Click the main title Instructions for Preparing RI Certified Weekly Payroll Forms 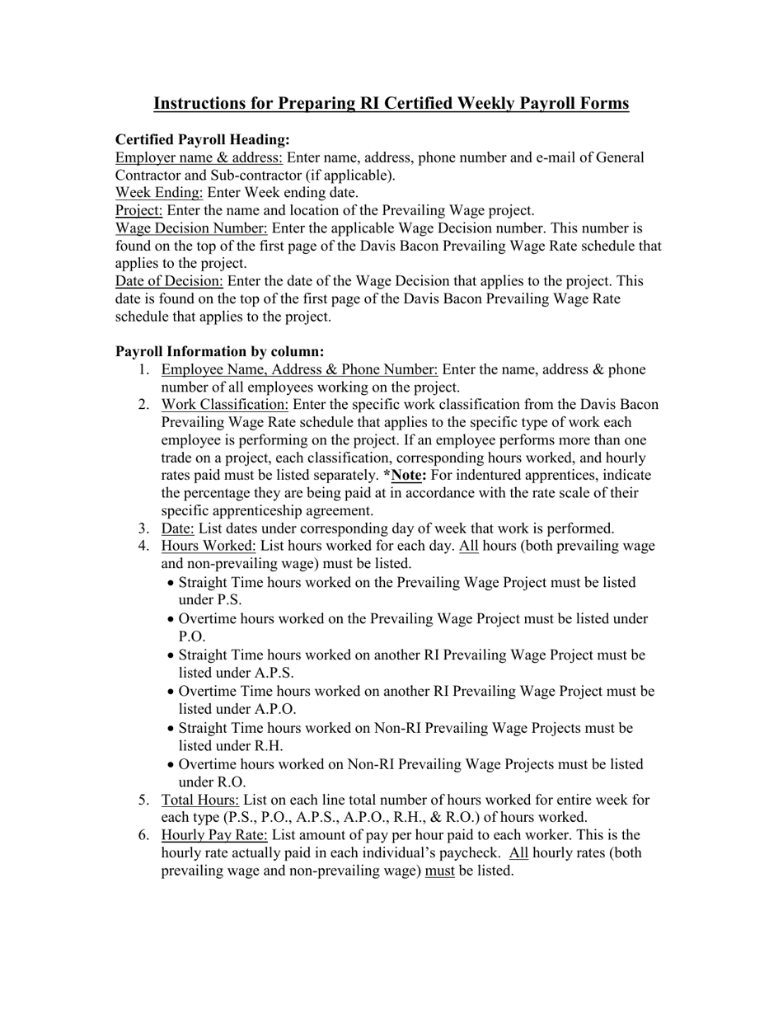click(391, 104)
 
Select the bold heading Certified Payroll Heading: click(202, 140)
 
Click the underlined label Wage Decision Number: click(191, 228)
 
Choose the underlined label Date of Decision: click(169, 281)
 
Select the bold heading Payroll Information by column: click(219, 352)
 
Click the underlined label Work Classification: click(225, 405)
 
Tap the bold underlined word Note click(407, 476)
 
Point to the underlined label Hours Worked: click(209, 546)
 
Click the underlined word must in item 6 click(439, 871)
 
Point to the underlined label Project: click(139, 211)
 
